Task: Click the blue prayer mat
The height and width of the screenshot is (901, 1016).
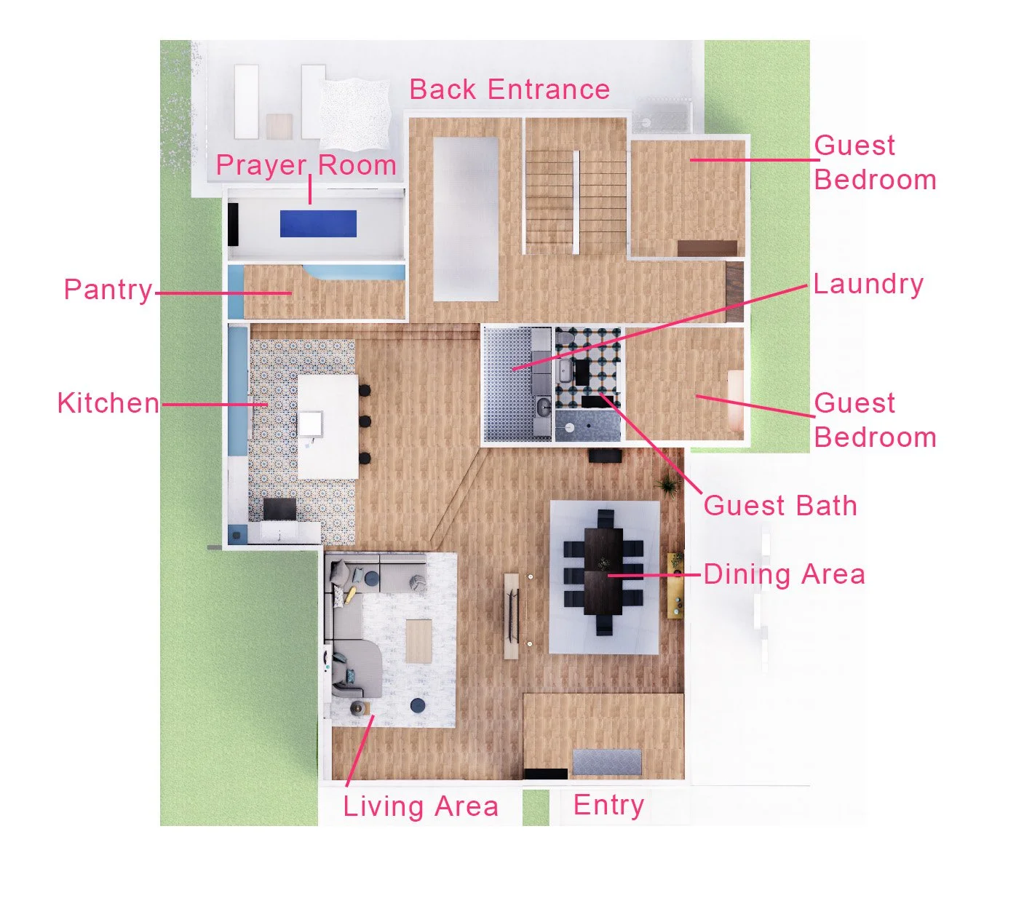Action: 318,223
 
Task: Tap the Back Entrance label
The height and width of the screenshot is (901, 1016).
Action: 509,90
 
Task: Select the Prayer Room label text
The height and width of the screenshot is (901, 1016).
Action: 306,165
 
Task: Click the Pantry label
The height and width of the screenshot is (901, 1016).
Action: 108,290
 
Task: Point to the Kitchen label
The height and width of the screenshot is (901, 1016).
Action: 108,402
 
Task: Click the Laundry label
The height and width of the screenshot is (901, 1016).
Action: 868,284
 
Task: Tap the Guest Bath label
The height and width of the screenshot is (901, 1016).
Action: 780,506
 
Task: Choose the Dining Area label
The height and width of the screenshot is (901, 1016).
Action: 784,574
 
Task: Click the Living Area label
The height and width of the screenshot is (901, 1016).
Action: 421,806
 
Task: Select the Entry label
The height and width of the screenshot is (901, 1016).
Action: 608,805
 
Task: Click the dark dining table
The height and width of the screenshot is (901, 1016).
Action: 604,572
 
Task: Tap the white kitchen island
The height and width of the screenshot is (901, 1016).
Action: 328,426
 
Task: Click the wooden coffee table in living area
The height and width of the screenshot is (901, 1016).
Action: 418,640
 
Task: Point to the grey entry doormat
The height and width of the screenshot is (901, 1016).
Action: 607,761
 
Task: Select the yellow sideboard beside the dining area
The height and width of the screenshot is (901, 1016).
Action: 675,585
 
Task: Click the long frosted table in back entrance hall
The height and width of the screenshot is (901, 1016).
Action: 466,218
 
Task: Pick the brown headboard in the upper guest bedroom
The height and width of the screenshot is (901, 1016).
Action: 707,248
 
